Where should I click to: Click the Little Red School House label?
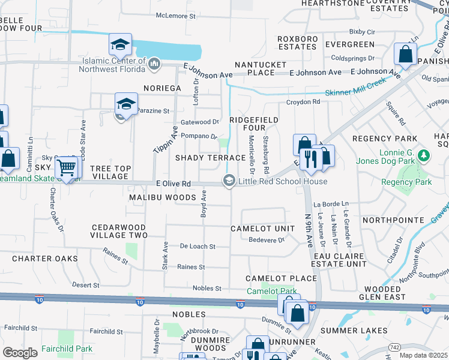click(283, 181)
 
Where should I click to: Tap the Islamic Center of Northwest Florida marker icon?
click(154, 63)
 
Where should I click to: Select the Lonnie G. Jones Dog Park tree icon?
click(424, 156)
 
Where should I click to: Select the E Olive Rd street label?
click(173, 184)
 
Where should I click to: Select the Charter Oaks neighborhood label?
click(45, 259)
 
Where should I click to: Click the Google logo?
click(20, 353)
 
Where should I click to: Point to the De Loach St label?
click(197, 247)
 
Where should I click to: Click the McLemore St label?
click(176, 16)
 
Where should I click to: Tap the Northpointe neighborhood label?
click(393, 220)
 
